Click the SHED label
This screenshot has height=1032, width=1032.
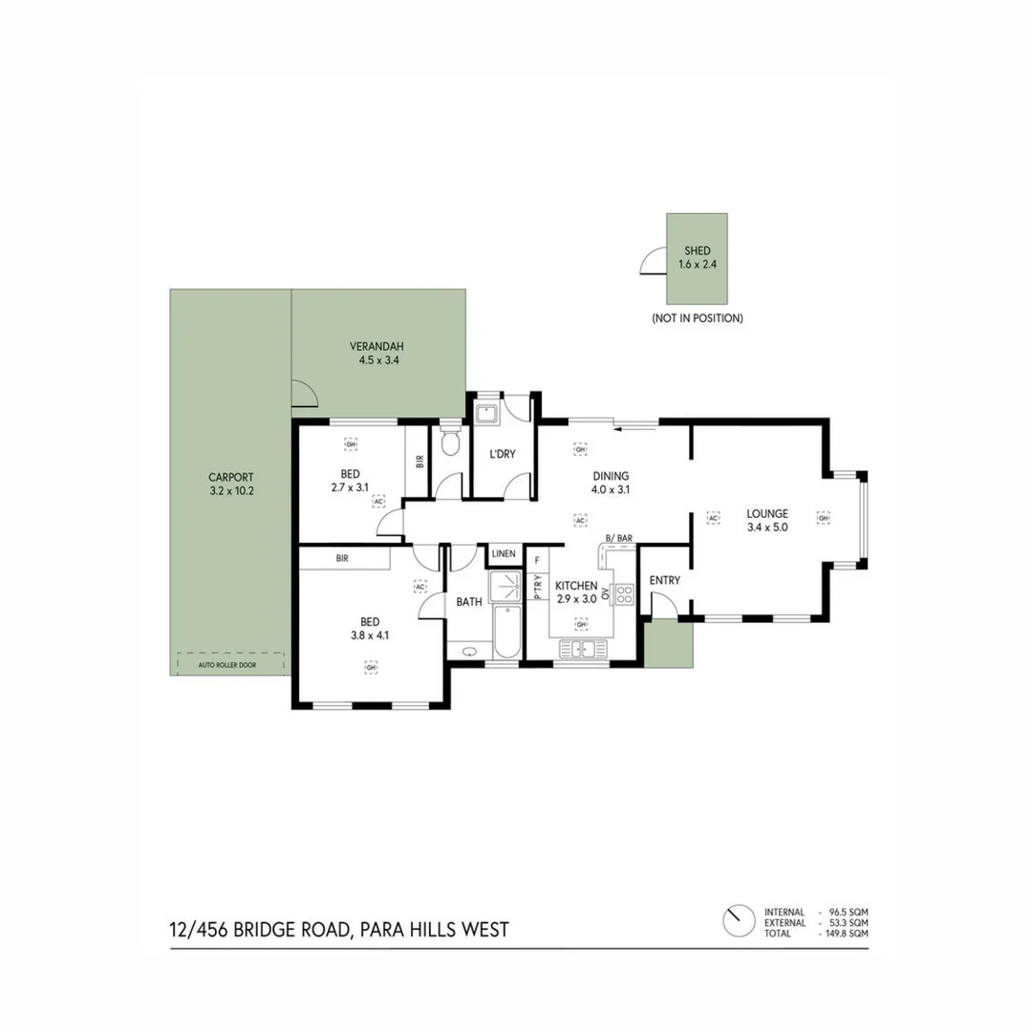tap(697, 250)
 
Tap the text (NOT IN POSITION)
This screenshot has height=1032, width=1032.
tap(697, 317)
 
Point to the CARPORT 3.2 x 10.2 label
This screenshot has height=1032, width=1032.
tap(231, 484)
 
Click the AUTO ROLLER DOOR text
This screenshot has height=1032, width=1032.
tap(230, 662)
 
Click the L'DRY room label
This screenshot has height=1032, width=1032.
tap(503, 454)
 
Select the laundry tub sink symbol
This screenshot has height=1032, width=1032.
tap(487, 414)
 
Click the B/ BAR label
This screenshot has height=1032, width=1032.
tap(620, 539)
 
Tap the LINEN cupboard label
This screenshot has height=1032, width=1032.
tap(504, 554)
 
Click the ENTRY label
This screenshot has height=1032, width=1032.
tap(664, 580)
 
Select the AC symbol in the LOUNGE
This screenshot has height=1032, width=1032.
tap(713, 517)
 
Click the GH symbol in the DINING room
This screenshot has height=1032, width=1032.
tap(579, 448)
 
